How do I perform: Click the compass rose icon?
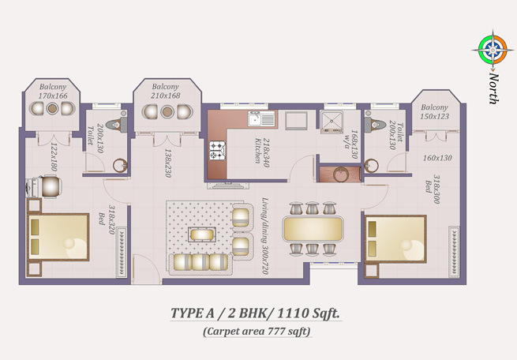[x=493, y=50]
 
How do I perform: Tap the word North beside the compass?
[x=493, y=88]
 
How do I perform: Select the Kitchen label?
[x=258, y=151]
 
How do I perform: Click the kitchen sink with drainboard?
[x=261, y=118]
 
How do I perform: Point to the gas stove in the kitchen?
[x=217, y=150]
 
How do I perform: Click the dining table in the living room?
[x=313, y=228]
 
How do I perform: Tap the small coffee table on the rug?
[x=202, y=234]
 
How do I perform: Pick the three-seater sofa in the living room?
[x=200, y=263]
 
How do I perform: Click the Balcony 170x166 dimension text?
[x=53, y=96]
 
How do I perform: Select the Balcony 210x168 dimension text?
[x=166, y=96]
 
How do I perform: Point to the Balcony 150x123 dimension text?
[x=435, y=116]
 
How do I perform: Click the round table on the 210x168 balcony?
[x=167, y=112]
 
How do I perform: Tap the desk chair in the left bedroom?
[x=50, y=186]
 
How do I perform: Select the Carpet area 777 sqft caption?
[x=257, y=331]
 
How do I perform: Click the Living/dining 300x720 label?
[x=264, y=236]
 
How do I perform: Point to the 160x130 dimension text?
[x=437, y=158]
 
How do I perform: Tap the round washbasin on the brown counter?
[x=341, y=174]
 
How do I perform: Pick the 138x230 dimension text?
[x=168, y=163]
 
